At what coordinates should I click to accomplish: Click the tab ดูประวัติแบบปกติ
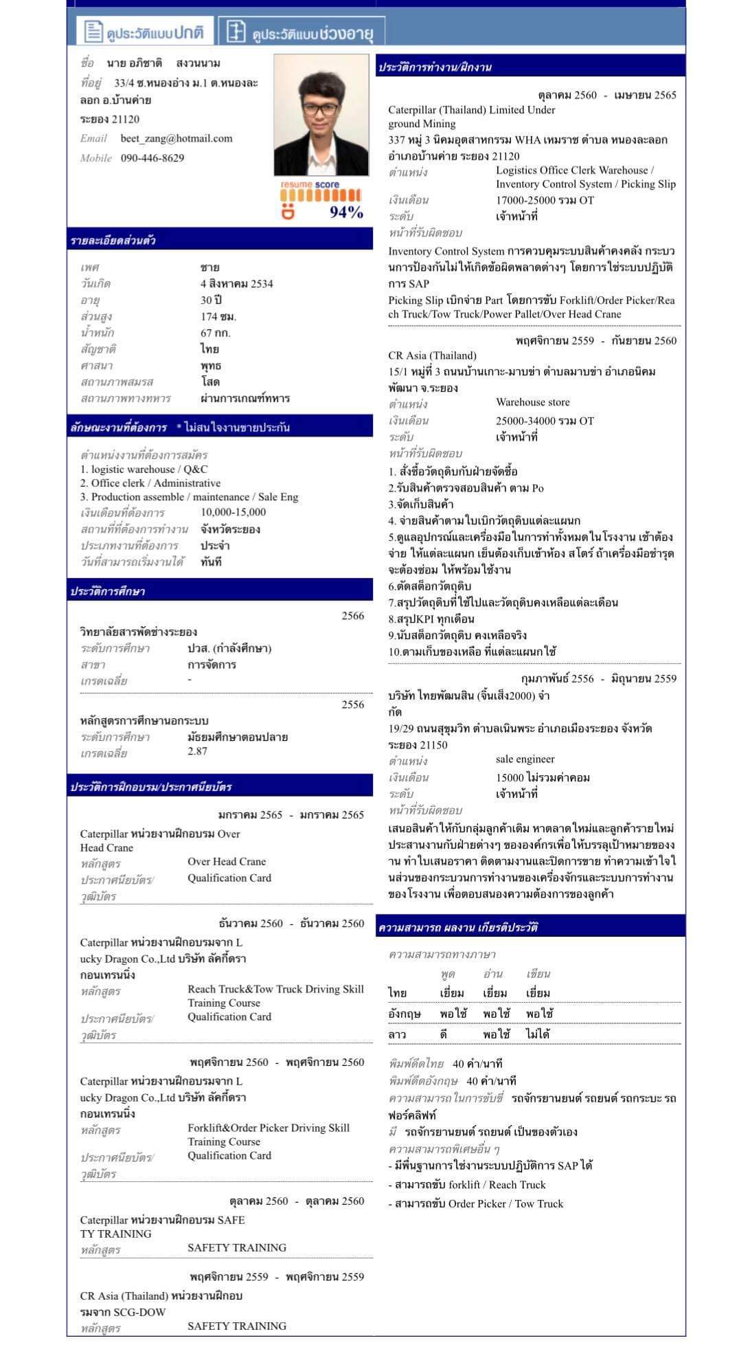[145, 32]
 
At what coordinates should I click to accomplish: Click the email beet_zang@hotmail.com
[176, 138]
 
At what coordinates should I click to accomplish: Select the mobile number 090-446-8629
[152, 157]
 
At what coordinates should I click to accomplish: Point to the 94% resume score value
[346, 212]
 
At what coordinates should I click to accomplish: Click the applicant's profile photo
[321, 115]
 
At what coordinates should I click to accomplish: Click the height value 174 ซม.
[218, 316]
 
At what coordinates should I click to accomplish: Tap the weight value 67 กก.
[216, 333]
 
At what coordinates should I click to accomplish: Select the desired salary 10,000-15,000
[233, 512]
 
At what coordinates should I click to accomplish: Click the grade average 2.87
[197, 751]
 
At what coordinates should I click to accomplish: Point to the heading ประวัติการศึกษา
[108, 592]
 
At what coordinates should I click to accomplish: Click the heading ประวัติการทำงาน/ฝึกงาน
[435, 67]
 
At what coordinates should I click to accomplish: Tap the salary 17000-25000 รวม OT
[545, 200]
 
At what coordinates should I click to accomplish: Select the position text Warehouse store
[532, 402]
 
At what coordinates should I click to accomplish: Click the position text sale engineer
[525, 759]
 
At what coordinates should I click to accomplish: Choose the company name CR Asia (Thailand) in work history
[432, 355]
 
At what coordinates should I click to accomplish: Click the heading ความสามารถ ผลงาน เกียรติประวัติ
[457, 927]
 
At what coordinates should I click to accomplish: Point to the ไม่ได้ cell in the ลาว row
[538, 1034]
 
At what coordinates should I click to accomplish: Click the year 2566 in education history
[352, 616]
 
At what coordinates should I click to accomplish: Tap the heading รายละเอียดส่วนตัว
[113, 241]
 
